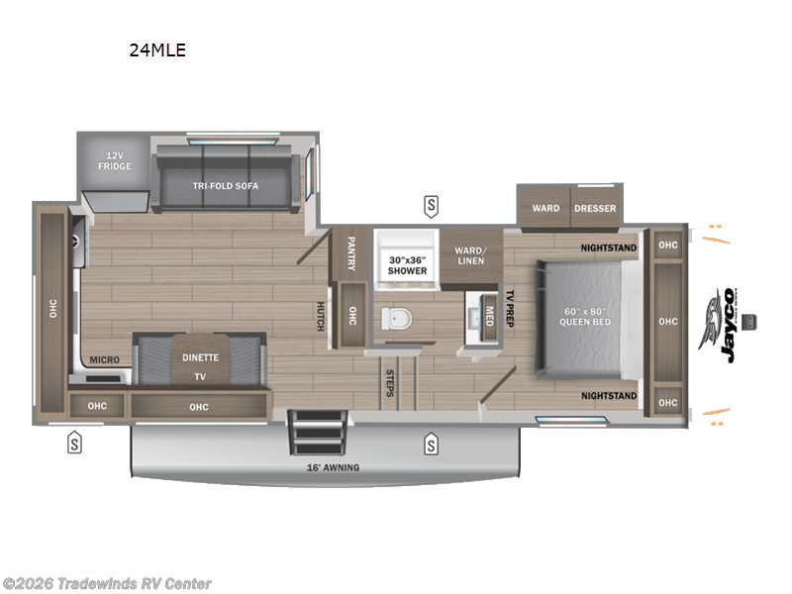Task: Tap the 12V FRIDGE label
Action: coord(114,161)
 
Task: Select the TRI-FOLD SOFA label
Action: coord(228,185)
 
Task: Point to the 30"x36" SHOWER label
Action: coord(406,263)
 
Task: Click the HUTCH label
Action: coord(321,317)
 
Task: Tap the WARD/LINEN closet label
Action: coord(471,255)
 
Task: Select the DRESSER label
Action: coord(594,208)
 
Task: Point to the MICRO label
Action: coord(104,360)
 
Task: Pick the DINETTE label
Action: coord(199,357)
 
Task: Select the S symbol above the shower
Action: coord(431,206)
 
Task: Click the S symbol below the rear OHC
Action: coord(73,444)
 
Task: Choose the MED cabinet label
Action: coord(489,316)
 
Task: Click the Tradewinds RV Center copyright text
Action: coord(106,584)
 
